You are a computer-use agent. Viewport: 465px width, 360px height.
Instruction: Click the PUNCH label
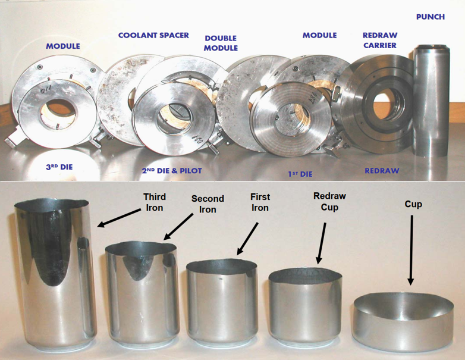tap(431, 17)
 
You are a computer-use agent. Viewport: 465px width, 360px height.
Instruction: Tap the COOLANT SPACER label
tap(153, 35)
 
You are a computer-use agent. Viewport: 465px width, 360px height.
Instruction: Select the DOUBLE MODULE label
tap(221, 43)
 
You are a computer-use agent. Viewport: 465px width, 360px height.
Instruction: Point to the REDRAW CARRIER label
tap(380, 40)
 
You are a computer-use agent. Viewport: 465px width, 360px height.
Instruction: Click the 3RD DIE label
tap(59, 167)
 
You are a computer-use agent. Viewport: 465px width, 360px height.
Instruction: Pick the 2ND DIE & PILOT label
tap(172, 171)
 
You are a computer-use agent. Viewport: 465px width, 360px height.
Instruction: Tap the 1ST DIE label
tap(300, 174)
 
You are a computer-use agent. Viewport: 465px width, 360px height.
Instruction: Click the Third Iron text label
tap(155, 202)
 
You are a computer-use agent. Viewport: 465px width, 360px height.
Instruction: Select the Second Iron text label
tap(208, 204)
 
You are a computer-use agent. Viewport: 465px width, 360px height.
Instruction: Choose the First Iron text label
tap(260, 202)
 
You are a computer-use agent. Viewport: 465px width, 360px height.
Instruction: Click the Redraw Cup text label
tap(329, 201)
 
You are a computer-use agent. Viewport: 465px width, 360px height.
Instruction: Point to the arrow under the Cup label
tap(411, 250)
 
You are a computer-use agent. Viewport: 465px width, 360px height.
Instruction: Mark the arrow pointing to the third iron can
tap(119, 218)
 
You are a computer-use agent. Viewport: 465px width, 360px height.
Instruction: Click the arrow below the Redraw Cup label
tap(322, 243)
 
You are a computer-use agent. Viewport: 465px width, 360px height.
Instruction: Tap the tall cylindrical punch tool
tap(431, 101)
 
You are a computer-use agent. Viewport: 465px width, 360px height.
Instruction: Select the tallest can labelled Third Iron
tap(55, 273)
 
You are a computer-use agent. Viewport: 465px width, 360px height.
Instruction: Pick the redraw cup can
tap(305, 306)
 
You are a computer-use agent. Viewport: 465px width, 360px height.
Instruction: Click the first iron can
tap(222, 301)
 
